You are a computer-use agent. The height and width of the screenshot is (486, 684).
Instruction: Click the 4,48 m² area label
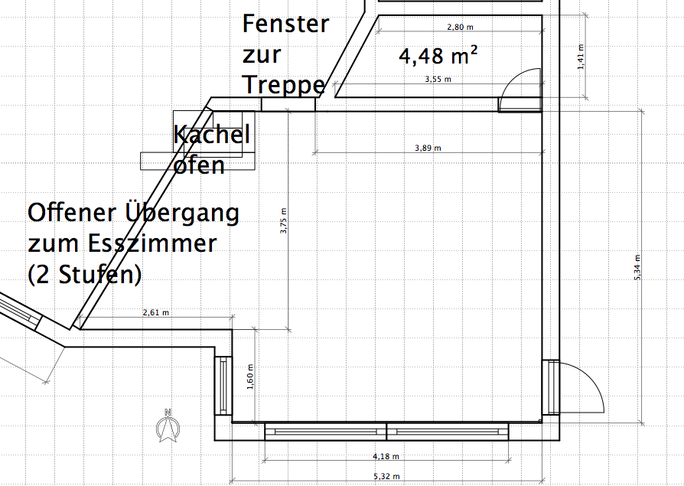[438, 55]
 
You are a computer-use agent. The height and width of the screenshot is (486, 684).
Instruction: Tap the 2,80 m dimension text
[461, 27]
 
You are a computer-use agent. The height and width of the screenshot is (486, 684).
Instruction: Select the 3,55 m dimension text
[438, 80]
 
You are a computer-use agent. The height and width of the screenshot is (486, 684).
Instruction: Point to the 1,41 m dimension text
[581, 57]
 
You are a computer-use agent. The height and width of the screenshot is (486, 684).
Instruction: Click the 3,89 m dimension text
[428, 148]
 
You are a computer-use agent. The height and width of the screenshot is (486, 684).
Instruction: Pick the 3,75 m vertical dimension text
[284, 220]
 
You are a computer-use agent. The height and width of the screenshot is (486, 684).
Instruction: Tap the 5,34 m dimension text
[637, 267]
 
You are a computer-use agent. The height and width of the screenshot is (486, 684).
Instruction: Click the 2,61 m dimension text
[156, 312]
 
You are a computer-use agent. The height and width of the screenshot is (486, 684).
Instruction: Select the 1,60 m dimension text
[250, 377]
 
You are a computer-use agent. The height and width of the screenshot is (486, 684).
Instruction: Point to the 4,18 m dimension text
[386, 456]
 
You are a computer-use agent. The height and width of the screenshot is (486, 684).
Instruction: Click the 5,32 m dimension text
[386, 476]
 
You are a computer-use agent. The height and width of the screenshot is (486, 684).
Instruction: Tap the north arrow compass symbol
[168, 426]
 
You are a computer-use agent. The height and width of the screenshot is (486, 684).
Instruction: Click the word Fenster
[285, 24]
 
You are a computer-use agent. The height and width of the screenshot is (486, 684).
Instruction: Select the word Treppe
[284, 85]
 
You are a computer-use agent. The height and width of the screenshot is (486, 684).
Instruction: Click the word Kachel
[212, 134]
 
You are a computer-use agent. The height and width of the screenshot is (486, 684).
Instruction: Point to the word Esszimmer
[153, 243]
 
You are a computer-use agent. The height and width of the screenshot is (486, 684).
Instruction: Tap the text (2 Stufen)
[85, 275]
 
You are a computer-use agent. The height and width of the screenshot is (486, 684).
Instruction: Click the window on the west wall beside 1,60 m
[223, 386]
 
